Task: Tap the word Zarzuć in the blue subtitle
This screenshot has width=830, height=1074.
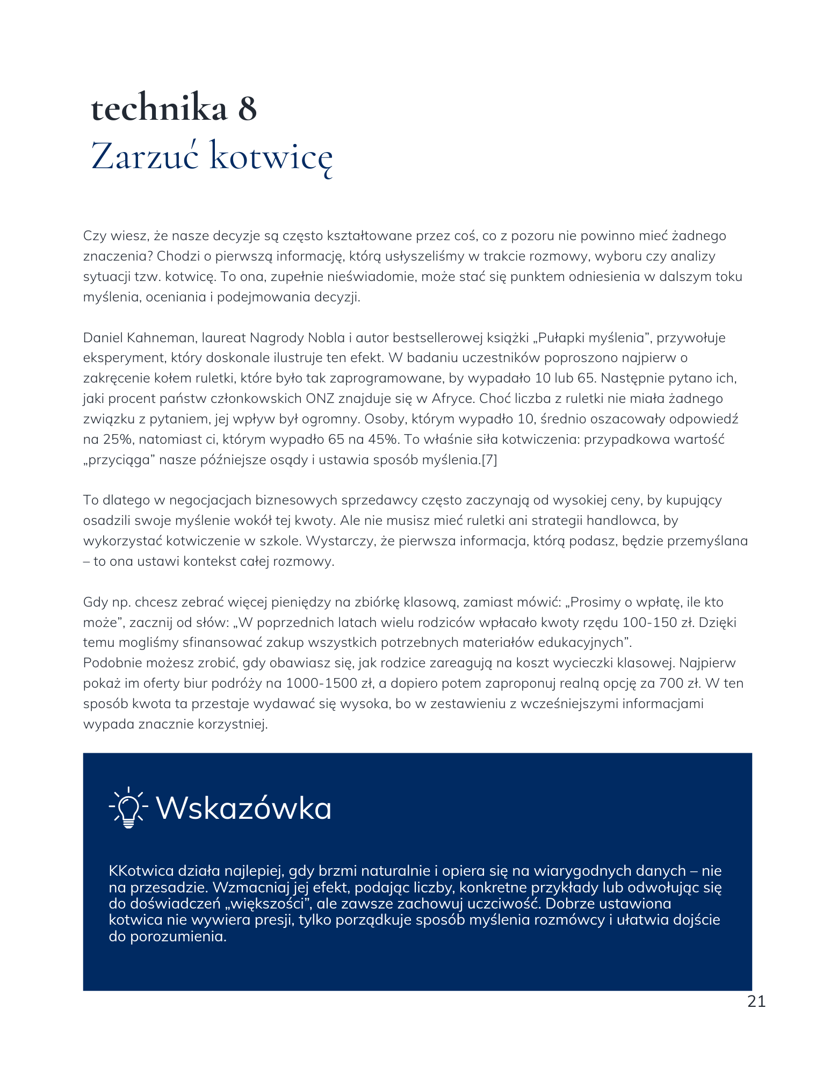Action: pos(145,156)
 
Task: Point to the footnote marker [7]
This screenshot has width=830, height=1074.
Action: pos(489,460)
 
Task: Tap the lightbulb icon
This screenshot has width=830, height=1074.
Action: pos(128,807)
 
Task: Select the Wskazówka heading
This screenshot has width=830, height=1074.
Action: pos(243,808)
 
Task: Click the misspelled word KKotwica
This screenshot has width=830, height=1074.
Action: pos(141,870)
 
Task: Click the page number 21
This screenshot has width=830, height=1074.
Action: pos(756,1001)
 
